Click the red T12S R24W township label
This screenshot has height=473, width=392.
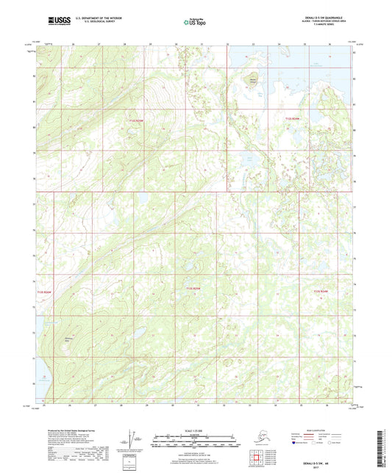[293, 118]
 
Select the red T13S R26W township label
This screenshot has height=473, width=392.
[46, 292]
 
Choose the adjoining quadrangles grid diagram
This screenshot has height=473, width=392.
[263, 458]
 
